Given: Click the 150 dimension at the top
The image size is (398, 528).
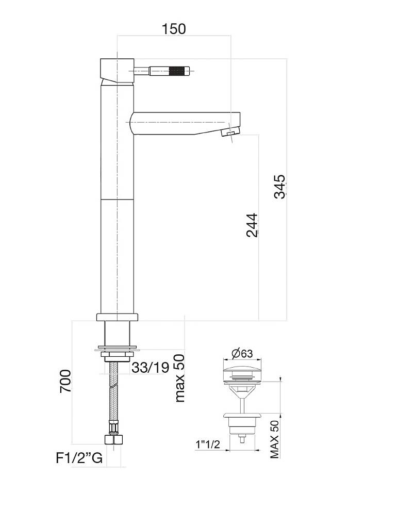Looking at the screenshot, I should (x=174, y=28).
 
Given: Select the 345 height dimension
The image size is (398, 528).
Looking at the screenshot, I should (x=279, y=186).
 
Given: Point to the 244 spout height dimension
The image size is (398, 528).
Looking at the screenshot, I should (x=252, y=225).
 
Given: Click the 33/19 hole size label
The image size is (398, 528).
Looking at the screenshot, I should (x=151, y=368).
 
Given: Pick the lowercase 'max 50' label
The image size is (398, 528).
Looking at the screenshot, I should (x=179, y=378).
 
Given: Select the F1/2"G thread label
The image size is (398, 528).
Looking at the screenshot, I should (x=79, y=458).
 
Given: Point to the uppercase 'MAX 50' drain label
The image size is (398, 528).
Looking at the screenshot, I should (x=275, y=439).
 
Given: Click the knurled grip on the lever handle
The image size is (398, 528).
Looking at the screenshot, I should (x=178, y=71).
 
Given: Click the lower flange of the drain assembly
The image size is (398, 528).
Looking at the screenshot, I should (x=242, y=415).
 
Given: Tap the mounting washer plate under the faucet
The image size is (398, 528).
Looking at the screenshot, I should (x=117, y=349).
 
